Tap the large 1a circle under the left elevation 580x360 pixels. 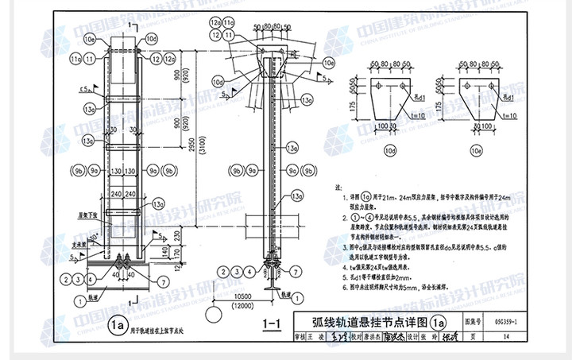(x=118, y=323)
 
